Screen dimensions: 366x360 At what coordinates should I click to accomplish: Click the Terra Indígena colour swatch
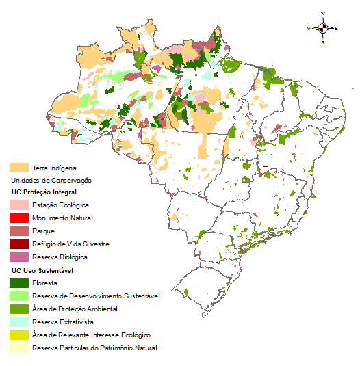tap(18, 168)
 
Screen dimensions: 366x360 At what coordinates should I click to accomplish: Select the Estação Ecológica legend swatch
tap(18, 205)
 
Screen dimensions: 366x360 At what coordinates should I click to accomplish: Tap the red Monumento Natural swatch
tap(18, 218)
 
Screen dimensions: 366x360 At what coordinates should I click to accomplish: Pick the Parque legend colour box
tap(18, 231)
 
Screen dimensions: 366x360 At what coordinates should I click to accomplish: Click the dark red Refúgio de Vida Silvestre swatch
tap(18, 244)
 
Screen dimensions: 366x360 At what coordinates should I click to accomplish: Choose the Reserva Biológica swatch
tap(18, 257)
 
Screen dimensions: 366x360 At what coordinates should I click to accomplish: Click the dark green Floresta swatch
tap(18, 283)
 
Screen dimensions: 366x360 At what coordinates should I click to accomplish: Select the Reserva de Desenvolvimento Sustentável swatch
tap(18, 296)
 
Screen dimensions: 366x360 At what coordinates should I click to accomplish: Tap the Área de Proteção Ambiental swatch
tap(18, 309)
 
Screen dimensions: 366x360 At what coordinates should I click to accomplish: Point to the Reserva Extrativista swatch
tap(18, 322)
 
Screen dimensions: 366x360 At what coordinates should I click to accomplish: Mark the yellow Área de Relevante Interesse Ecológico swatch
tap(18, 335)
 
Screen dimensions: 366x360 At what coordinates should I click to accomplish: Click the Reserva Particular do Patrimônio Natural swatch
tap(18, 348)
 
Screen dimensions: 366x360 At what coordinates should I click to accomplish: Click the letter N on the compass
tap(323, 14)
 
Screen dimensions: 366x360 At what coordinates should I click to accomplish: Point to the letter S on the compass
tap(323, 42)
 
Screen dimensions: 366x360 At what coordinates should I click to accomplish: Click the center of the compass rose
tap(323, 28)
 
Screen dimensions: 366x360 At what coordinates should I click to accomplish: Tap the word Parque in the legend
tap(43, 231)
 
